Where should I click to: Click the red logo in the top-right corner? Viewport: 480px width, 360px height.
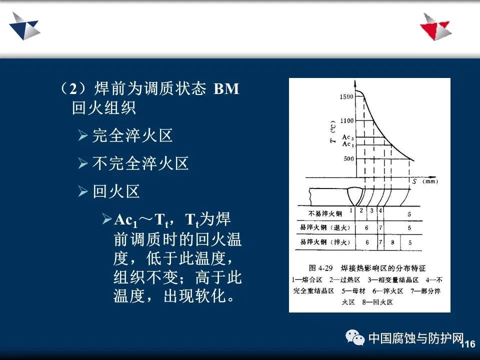[x=435, y=26]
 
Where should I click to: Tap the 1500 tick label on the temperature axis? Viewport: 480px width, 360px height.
[x=346, y=96]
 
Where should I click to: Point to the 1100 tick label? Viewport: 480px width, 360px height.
[x=347, y=120]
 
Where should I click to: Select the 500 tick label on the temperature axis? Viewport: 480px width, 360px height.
[x=348, y=158]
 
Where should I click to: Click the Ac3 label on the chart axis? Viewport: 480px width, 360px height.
[x=348, y=137]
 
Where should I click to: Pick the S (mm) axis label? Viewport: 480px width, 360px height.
[x=425, y=181]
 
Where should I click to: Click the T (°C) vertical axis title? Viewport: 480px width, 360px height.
[x=333, y=131]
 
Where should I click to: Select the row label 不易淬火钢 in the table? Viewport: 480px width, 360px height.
[x=325, y=213]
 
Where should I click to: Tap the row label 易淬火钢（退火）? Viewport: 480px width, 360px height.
[x=325, y=227]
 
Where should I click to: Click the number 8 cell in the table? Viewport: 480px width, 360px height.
[x=392, y=242]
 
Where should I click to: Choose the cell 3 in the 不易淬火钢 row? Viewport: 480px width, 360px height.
[x=371, y=210]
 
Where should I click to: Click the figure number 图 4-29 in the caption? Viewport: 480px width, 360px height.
[x=320, y=268]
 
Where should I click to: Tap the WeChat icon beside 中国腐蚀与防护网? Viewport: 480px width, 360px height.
[x=355, y=337]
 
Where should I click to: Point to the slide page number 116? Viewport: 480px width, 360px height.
[x=468, y=344]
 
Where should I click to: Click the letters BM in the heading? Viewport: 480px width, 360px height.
[x=226, y=89]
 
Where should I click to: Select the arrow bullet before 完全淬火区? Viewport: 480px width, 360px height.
[x=83, y=135]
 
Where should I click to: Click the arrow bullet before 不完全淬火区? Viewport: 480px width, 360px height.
[x=83, y=163]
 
